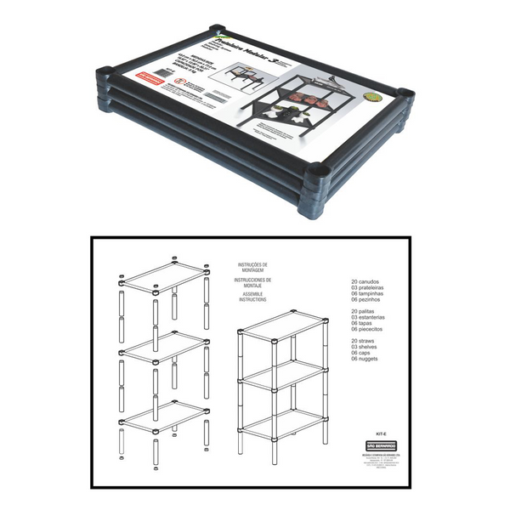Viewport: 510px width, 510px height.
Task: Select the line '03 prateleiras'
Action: point(371,286)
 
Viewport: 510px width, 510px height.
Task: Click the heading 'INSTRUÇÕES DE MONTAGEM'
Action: point(252,269)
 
